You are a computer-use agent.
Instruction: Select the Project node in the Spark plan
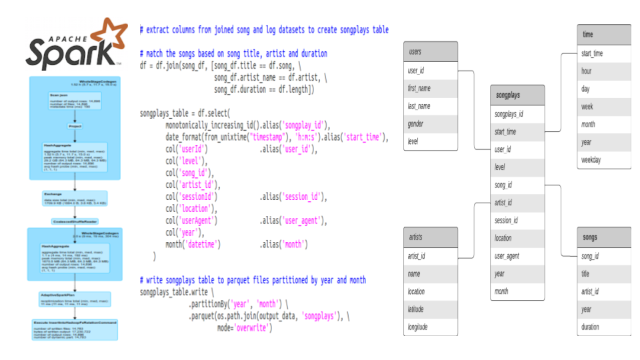coord(75,126)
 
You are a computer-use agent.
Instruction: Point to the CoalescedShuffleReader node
coord(74,221)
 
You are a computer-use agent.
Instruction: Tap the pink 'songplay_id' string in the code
coord(305,125)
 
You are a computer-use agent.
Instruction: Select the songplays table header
coord(517,95)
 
